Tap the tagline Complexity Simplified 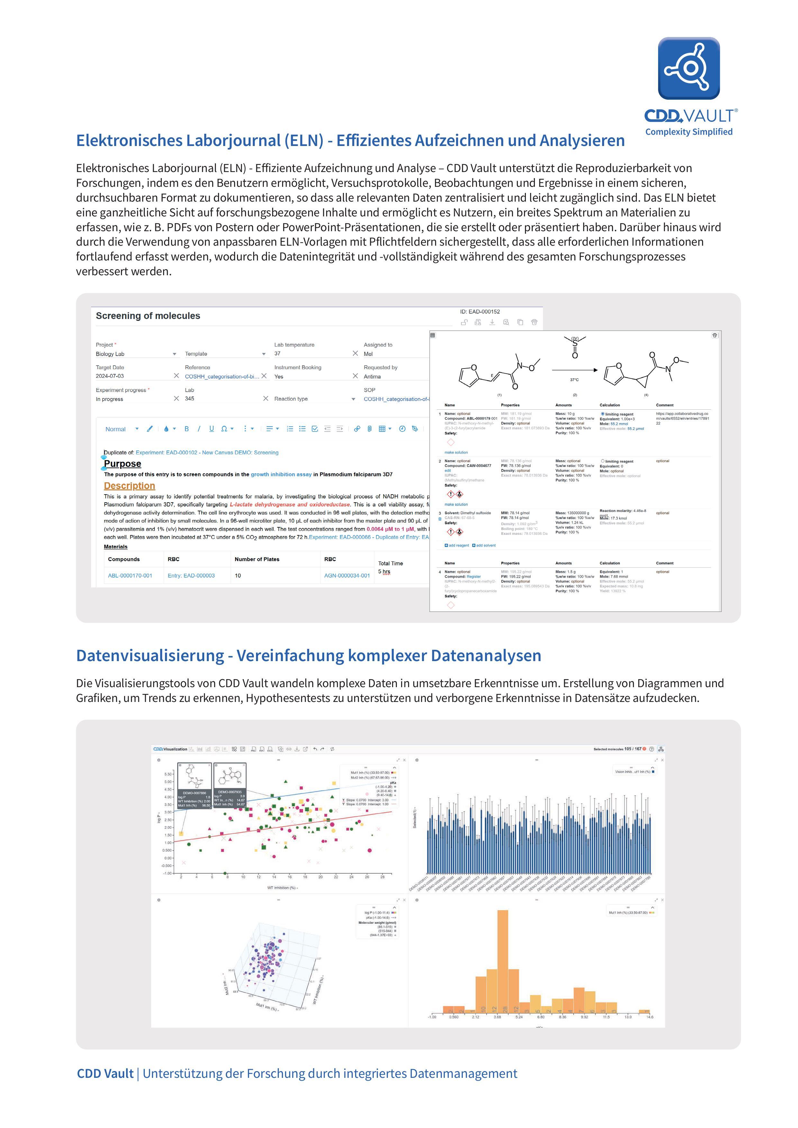[688, 132]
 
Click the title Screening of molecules [148, 316]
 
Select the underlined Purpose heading [122, 464]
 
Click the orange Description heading [129, 486]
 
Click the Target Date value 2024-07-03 [110, 376]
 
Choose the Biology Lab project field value [110, 354]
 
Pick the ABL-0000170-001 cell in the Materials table [130, 575]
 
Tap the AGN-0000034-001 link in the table [347, 575]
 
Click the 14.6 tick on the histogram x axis [650, 1017]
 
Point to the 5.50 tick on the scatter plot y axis [168, 774]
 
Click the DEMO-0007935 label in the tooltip [229, 792]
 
